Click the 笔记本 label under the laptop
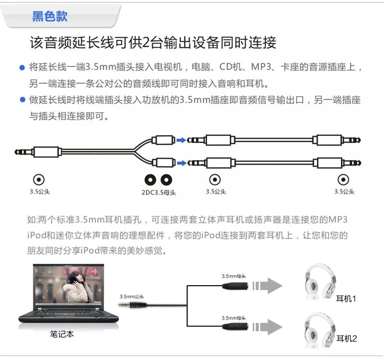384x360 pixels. pyautogui.click(x=62, y=335)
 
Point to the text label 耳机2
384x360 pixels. pyautogui.click(x=347, y=339)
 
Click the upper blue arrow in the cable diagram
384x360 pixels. pyautogui.click(x=181, y=140)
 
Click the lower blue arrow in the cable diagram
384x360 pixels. pyautogui.click(x=181, y=163)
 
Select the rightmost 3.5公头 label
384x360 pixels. pyautogui.click(x=344, y=191)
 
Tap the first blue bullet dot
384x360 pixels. pyautogui.click(x=22, y=67)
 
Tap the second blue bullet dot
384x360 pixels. pyautogui.click(x=22, y=100)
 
